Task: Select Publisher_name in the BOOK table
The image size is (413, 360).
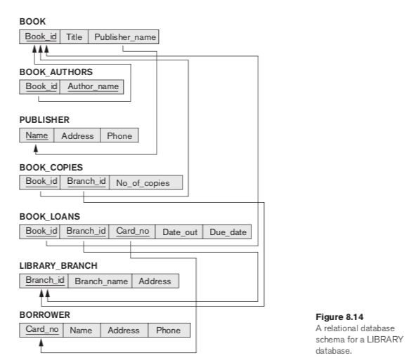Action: point(124,36)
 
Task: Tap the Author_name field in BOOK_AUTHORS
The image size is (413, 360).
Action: point(93,86)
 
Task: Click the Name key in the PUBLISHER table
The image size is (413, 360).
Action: point(37,135)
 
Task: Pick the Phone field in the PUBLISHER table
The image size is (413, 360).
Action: point(119,135)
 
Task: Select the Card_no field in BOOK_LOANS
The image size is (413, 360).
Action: point(130,232)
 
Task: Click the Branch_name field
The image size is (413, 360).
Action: point(100,281)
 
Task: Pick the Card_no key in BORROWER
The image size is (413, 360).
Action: point(41,330)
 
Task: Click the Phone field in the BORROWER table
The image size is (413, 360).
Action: point(168,330)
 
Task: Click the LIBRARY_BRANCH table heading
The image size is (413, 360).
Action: point(58,267)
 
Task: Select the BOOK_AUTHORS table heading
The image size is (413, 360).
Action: point(55,72)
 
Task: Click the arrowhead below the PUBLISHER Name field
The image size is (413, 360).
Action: point(37,148)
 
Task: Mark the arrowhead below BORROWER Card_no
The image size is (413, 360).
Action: point(41,343)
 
